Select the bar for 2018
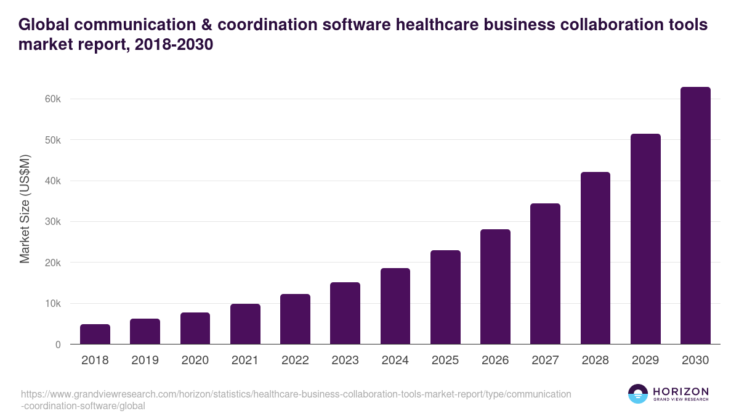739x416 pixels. [95, 334]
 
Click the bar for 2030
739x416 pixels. [695, 216]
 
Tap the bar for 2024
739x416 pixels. [395, 306]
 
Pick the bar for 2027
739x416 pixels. [545, 274]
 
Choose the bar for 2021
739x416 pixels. [245, 324]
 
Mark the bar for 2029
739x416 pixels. [645, 239]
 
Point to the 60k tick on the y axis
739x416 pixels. [52, 99]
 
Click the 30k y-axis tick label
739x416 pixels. [52, 222]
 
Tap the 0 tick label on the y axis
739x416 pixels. [58, 345]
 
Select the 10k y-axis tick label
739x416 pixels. [52, 304]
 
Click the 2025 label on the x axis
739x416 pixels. [445, 361]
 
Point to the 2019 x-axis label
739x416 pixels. [145, 361]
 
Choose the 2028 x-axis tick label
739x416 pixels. [596, 361]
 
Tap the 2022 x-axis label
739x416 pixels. [295, 361]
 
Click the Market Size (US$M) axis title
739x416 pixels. [25, 209]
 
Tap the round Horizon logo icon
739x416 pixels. [638, 394]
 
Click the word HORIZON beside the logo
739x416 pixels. [680, 391]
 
